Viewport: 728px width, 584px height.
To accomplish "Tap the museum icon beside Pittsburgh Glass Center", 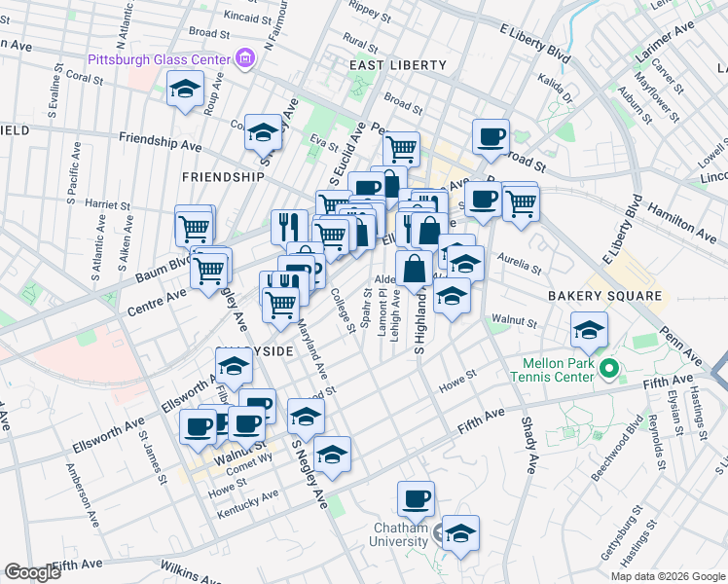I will coord(244,59).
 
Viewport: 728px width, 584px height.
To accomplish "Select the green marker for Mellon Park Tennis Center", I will coord(609,369).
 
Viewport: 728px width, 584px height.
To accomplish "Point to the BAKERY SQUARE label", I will coord(604,295).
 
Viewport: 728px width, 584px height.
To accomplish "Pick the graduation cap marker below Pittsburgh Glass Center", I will coord(183,91).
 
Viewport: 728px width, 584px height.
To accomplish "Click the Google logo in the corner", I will coord(32,572).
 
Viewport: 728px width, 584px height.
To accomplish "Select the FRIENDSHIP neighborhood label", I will coord(222,177).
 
